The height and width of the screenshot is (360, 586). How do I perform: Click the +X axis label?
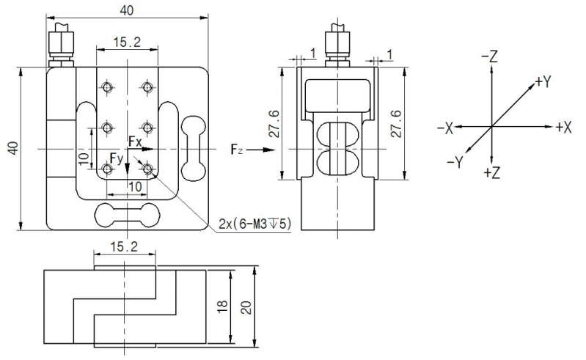563,127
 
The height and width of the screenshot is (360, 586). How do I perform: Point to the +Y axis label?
543,81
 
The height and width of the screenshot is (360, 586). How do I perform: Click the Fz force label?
235,150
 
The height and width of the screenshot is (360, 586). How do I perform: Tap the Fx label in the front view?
135,140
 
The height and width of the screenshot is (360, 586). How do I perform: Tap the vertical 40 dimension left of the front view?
11,149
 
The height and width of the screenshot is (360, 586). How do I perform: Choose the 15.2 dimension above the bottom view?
126,248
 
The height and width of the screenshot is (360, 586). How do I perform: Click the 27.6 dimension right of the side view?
395,124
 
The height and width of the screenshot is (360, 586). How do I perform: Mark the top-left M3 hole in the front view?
108,88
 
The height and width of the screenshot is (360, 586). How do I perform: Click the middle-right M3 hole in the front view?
147,128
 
